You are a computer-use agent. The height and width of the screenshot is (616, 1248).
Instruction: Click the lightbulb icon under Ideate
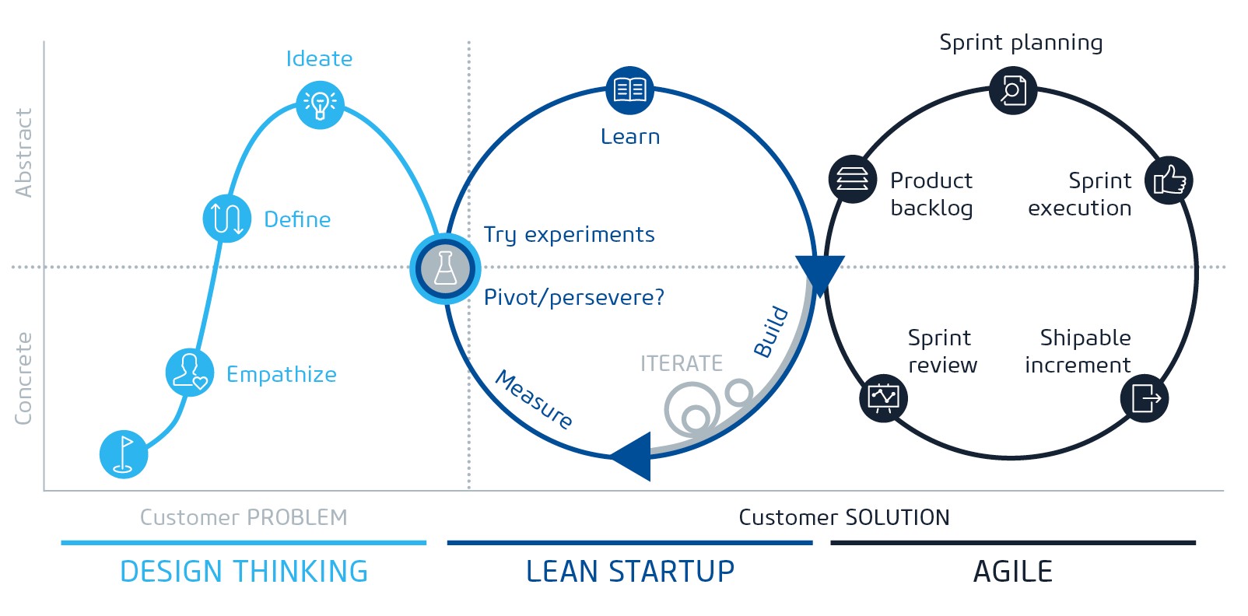pyautogui.click(x=320, y=105)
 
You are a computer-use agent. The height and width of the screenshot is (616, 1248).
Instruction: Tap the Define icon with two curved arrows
pyautogui.click(x=226, y=219)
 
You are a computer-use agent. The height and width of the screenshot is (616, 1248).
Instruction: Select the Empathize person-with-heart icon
pyautogui.click(x=189, y=372)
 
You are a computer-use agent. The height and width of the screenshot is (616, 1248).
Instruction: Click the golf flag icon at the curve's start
pyautogui.click(x=124, y=454)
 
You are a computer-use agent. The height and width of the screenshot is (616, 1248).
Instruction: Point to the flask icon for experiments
pyautogui.click(x=445, y=268)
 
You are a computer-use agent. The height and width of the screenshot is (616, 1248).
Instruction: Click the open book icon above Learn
pyautogui.click(x=629, y=90)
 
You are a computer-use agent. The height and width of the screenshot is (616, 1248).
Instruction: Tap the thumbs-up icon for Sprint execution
pyautogui.click(x=1169, y=180)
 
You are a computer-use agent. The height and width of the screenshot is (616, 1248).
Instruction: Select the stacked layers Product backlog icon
pyautogui.click(x=853, y=179)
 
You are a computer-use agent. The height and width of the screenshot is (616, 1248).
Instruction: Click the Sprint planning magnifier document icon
pyautogui.click(x=1013, y=90)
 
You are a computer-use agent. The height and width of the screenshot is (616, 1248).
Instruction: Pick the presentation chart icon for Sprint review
pyautogui.click(x=883, y=397)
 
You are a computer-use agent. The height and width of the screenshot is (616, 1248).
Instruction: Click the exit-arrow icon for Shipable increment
pyautogui.click(x=1145, y=398)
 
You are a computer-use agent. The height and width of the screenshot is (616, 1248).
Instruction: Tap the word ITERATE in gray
pyautogui.click(x=682, y=363)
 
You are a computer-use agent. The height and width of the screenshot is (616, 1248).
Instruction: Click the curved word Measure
pyautogui.click(x=534, y=399)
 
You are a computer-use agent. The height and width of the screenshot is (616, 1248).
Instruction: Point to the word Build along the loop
pyautogui.click(x=771, y=332)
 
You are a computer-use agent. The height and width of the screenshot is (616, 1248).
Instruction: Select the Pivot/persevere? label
pyautogui.click(x=574, y=297)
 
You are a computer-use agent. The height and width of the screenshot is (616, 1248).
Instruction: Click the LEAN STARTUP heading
pyautogui.click(x=630, y=572)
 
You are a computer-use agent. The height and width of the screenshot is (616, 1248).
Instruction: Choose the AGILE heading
pyautogui.click(x=1013, y=572)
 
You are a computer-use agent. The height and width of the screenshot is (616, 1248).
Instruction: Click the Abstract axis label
pyautogui.click(x=23, y=152)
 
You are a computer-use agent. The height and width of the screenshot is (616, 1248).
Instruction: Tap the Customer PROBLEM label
pyautogui.click(x=244, y=517)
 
